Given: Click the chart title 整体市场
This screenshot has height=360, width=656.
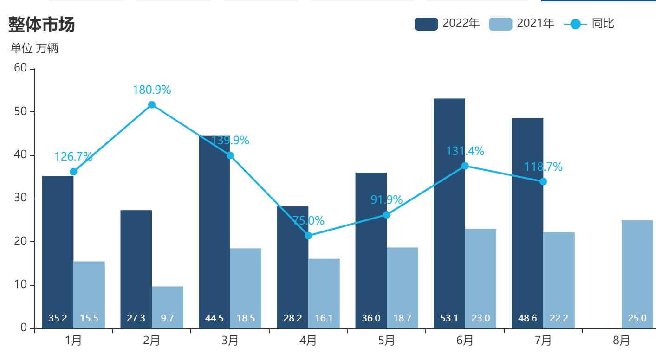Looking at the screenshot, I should point(42,25).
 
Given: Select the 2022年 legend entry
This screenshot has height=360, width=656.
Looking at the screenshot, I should point(447,24).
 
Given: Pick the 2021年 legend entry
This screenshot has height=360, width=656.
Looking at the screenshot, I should point(521,24).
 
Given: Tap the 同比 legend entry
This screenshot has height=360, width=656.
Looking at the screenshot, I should point(589,24).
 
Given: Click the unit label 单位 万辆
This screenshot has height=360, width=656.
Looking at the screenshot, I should point(34,48).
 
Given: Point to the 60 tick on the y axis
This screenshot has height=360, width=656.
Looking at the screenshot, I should point(20,68).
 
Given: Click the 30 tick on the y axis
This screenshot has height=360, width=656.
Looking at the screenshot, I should point(20,199).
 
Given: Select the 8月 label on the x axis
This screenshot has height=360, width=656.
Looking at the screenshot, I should point(621,341).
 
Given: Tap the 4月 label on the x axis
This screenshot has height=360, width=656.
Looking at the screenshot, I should point(308,341).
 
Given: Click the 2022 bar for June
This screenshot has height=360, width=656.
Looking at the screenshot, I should point(449,209).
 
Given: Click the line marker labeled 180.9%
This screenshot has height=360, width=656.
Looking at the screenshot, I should point(152,105).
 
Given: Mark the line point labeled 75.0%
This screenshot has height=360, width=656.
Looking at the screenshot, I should point(308,236).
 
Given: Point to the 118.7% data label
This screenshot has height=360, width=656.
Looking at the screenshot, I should point(543,167).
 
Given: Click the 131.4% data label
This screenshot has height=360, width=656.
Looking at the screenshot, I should point(465,151).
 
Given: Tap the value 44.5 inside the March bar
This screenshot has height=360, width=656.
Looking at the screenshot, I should point(214,318).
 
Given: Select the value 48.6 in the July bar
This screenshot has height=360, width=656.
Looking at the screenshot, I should point(527,318).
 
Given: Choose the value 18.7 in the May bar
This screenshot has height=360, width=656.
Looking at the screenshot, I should point(402,318).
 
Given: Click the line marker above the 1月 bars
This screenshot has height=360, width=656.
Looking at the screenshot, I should point(73,172).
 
